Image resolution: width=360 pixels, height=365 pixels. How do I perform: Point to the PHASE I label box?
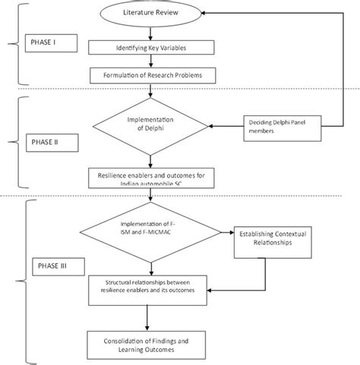click(49, 41)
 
